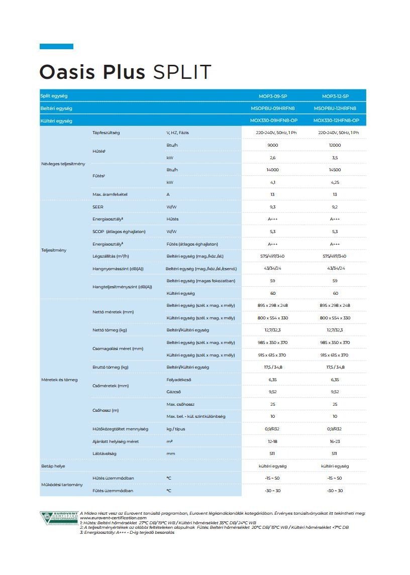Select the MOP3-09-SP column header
pos(272,96)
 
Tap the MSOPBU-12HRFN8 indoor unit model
pos(335,108)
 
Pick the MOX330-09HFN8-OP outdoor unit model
pos(273,121)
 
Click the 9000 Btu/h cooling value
pos(273,146)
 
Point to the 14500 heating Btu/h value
pos(335,170)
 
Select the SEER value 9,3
pos(273,207)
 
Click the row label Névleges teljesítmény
pos(63,164)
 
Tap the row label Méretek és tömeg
pos(59,380)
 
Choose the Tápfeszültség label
pos(106,133)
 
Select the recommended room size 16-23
pos(335,441)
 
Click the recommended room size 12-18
pos(273,441)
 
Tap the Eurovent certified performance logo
pos(59,518)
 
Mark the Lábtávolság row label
pos(105,453)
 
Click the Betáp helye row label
pos(53,466)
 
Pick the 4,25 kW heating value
pos(335,182)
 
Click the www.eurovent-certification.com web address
pos(113,518)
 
